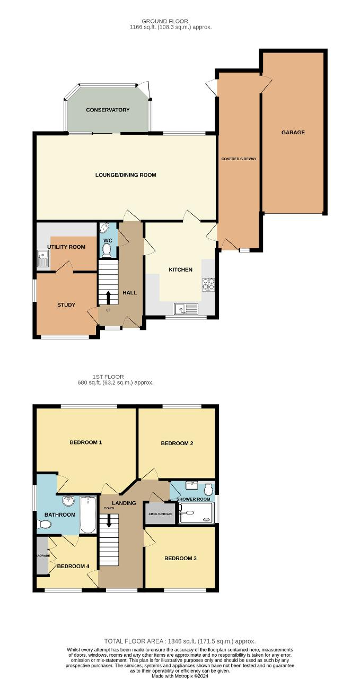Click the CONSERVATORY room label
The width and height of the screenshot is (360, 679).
(x=108, y=110)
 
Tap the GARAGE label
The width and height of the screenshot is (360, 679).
(x=293, y=133)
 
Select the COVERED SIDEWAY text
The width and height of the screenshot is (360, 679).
(x=239, y=159)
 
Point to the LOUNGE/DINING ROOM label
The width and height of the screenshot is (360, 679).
(x=126, y=175)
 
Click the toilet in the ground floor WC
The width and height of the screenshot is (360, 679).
(x=107, y=249)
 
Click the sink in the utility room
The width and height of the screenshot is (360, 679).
(x=43, y=260)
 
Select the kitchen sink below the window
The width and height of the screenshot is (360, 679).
(x=187, y=308)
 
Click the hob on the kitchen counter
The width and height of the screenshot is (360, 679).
(x=207, y=285)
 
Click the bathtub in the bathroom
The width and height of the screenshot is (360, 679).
(x=87, y=514)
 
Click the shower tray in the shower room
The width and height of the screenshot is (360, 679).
(x=196, y=513)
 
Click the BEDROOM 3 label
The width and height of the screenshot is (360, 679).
(x=181, y=558)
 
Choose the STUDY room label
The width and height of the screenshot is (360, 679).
(x=66, y=305)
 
